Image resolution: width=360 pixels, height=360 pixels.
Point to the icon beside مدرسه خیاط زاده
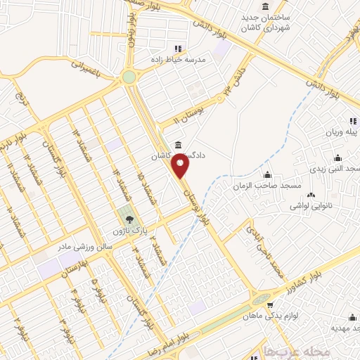tap(178, 49)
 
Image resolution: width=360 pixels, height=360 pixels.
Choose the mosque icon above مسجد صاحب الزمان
tap(267, 175)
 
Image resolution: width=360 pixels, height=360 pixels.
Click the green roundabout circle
tap(129, 77)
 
